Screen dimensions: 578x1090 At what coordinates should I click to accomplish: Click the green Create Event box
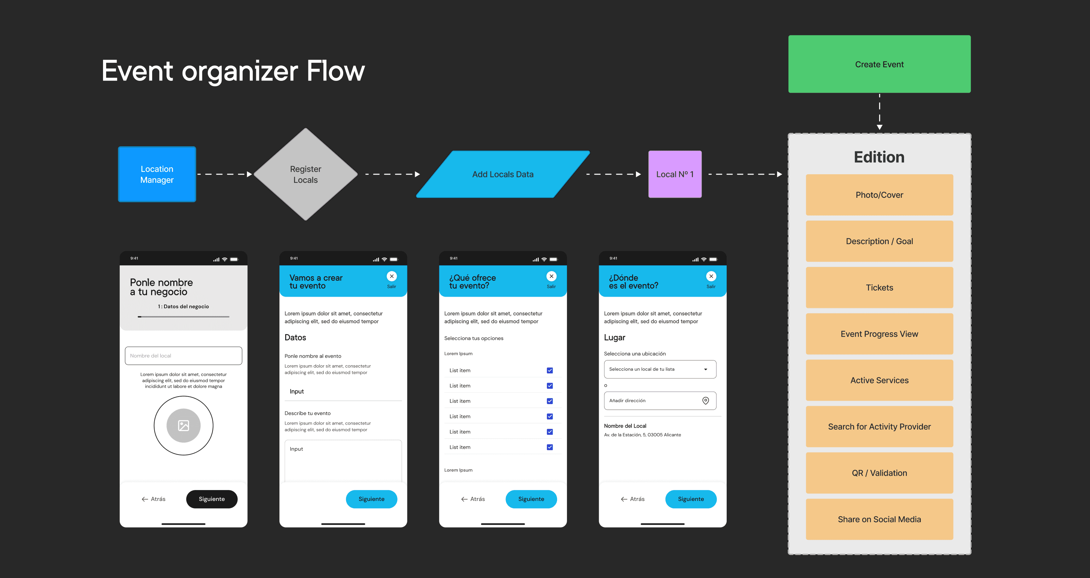879,64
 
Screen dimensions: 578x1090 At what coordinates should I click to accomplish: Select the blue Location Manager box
157,174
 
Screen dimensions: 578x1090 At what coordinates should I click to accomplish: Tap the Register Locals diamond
305,174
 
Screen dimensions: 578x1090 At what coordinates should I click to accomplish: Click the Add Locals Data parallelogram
503,174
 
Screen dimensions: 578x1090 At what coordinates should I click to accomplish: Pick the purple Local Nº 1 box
674,174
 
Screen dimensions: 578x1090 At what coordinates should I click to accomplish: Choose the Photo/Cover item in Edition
879,195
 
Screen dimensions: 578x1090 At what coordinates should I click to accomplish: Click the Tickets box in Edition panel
879,287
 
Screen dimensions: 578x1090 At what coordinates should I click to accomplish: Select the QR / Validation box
879,473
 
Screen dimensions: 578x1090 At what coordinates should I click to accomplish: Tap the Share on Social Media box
879,519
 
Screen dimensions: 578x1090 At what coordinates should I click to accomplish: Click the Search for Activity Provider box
879,427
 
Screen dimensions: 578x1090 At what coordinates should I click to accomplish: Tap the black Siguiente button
212,499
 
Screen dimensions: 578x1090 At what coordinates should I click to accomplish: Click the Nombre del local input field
183,356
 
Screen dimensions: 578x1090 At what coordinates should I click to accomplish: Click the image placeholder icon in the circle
183,425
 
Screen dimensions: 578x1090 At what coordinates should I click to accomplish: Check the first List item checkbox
550,370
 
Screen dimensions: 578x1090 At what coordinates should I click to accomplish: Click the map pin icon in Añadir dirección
706,400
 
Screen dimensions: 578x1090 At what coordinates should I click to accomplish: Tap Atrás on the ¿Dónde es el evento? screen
633,499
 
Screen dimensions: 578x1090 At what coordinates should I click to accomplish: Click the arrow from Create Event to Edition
879,112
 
